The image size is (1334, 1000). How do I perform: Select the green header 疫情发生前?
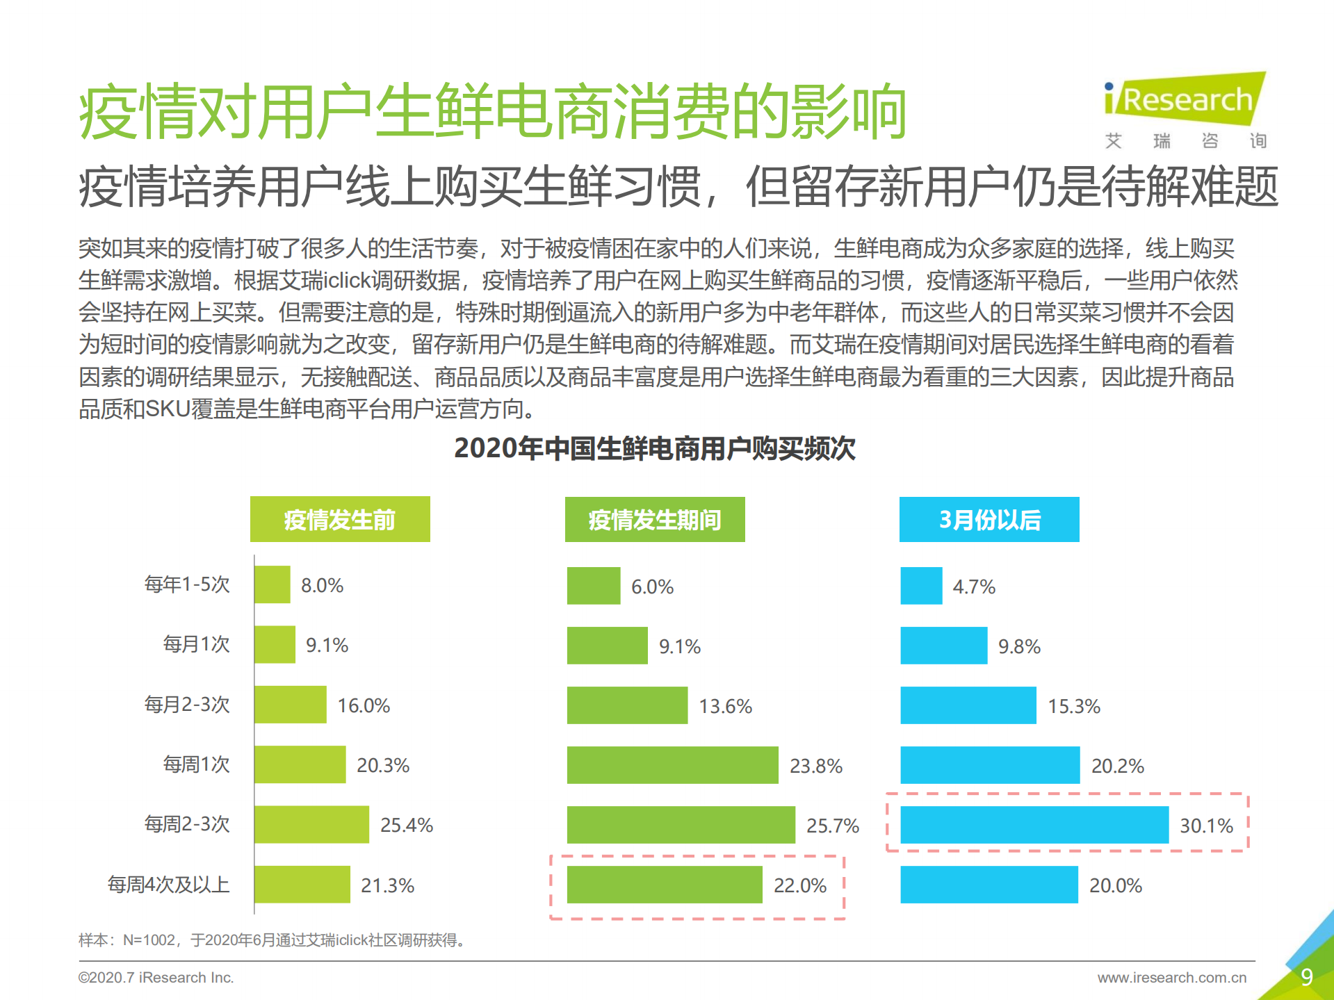click(340, 519)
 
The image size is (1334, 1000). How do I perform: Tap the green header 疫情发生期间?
click(654, 519)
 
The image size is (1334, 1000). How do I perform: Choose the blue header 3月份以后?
click(989, 519)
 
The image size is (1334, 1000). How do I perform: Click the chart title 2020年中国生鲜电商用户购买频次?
click(654, 448)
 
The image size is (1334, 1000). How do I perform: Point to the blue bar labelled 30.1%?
click(1034, 825)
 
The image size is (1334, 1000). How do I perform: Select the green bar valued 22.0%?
click(664, 885)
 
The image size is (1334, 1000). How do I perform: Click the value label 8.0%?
click(322, 585)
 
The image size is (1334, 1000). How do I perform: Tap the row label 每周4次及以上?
click(168, 885)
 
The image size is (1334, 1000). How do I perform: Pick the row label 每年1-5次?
click(186, 584)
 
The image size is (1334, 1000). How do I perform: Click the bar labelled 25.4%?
click(311, 825)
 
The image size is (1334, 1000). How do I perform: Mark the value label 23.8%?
click(815, 766)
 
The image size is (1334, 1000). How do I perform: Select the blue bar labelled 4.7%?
click(921, 586)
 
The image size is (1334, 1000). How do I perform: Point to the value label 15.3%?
click(1073, 706)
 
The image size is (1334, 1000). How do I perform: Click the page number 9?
click(1306, 977)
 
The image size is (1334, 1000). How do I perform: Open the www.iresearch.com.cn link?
click(1171, 978)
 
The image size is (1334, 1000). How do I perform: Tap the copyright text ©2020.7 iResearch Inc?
click(156, 978)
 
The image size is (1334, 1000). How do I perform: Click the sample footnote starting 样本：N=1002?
click(271, 940)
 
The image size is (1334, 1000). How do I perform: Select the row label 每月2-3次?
click(186, 705)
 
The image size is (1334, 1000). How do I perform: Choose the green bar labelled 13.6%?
click(627, 705)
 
